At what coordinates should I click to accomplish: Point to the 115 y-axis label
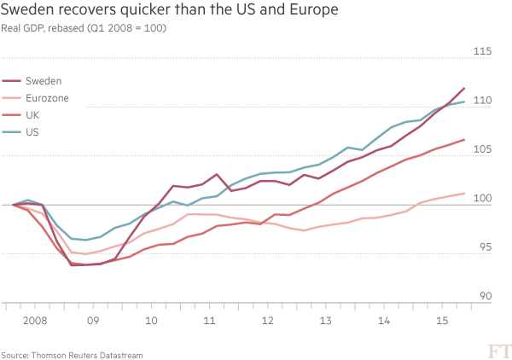click(x=483, y=52)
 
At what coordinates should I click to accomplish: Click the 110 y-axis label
click(x=483, y=101)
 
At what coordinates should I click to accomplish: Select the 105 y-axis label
click(x=483, y=150)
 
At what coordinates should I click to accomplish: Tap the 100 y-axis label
click(x=483, y=199)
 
